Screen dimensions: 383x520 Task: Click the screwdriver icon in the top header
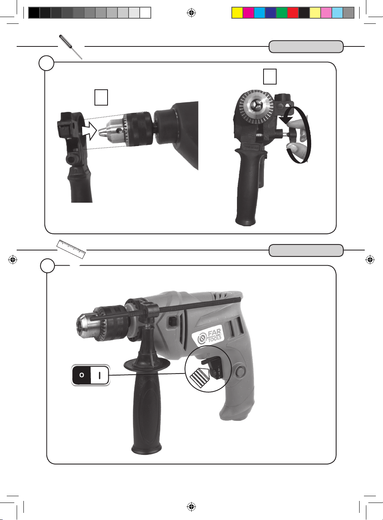(71, 47)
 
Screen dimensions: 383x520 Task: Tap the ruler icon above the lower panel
(71, 249)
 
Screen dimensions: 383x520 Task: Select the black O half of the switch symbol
(81, 375)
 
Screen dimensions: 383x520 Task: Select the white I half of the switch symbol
(100, 375)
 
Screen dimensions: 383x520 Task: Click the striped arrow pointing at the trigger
(200, 377)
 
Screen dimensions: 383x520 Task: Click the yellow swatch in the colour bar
(237, 13)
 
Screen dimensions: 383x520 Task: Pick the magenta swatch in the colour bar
(248, 13)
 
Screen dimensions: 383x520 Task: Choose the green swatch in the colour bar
(282, 13)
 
